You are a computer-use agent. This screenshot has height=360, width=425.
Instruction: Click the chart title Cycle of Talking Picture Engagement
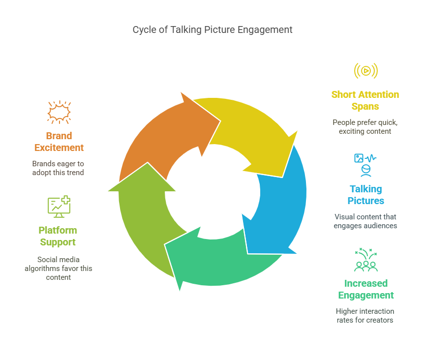(212, 30)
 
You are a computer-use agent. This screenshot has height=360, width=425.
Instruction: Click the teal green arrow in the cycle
(217, 260)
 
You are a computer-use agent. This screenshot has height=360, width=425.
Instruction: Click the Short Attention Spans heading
(365, 100)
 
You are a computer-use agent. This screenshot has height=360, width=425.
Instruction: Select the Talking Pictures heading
(366, 195)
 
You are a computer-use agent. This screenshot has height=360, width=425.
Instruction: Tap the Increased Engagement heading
(366, 289)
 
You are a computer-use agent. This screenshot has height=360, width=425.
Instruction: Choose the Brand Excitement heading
(59, 142)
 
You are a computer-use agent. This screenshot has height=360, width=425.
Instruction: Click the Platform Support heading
(58, 236)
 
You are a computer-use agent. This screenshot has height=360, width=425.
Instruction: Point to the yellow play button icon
(366, 71)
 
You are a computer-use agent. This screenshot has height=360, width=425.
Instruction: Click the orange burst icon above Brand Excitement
(59, 112)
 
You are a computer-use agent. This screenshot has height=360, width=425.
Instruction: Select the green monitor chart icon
(59, 207)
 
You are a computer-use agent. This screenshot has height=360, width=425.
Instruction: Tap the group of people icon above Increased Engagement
(366, 260)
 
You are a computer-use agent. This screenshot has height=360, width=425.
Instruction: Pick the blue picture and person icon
(365, 165)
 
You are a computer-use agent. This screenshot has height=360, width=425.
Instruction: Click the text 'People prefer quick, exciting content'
(365, 127)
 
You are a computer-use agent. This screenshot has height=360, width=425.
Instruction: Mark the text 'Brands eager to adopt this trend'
(58, 168)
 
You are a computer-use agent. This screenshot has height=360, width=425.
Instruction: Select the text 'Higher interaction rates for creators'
(365, 316)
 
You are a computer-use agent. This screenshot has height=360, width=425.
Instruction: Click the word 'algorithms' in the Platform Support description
(41, 269)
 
